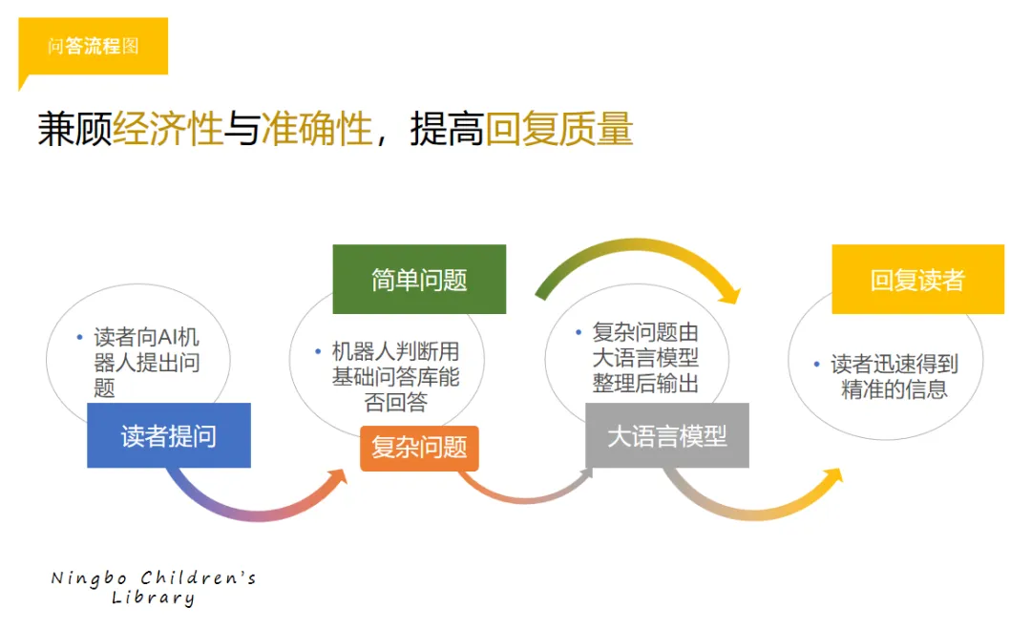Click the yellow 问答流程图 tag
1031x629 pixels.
tap(94, 46)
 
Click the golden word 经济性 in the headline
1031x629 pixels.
tap(168, 128)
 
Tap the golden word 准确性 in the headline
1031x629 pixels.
tap(317, 128)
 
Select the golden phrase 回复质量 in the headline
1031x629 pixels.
tap(558, 128)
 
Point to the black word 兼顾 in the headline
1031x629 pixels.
tap(75, 128)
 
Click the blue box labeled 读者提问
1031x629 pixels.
tap(169, 435)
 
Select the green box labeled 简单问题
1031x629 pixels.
tap(419, 280)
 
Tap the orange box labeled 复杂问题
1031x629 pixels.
tap(419, 449)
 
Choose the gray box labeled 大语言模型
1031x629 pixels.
tap(667, 435)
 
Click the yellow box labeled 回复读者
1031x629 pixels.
tap(918, 280)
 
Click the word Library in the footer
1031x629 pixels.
tap(153, 598)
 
